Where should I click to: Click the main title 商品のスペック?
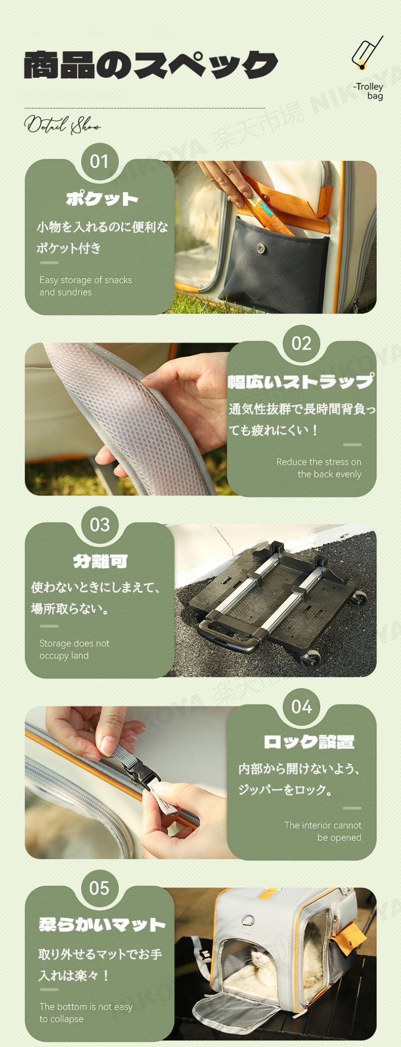click(150, 65)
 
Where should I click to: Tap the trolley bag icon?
click(367, 53)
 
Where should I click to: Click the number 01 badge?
click(99, 161)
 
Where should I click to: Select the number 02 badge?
click(301, 343)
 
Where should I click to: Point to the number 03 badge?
click(99, 525)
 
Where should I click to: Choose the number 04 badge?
click(301, 707)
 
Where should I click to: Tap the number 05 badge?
click(99, 888)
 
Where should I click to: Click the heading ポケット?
click(102, 199)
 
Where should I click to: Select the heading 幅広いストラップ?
click(301, 381)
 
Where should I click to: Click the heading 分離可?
click(100, 561)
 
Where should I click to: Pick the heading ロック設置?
click(309, 742)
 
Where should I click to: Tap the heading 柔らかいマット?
click(102, 925)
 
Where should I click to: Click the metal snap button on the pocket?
click(261, 247)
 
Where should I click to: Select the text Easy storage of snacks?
click(86, 280)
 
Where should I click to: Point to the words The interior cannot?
click(323, 825)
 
